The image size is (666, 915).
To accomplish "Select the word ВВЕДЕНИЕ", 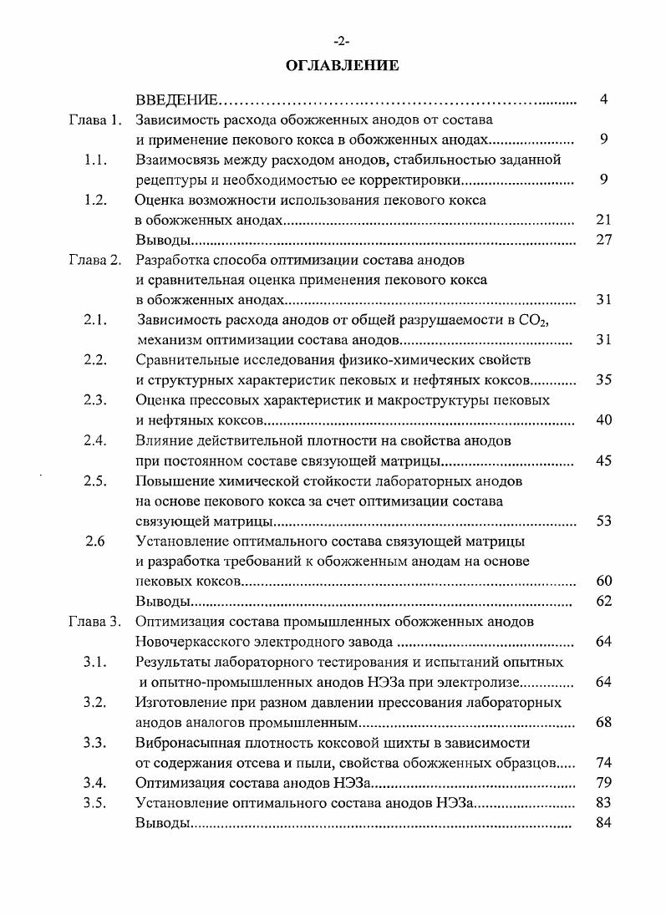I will point(177,100).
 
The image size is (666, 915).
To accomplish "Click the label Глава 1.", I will point(95,120).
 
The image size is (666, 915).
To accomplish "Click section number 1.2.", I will point(95,200).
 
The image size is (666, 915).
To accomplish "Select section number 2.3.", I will point(95,399).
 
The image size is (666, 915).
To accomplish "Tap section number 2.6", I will point(95,540).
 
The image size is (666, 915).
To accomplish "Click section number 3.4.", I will point(95,782).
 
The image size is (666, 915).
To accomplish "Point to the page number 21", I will point(604,220).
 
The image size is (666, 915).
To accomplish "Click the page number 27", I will point(604,240).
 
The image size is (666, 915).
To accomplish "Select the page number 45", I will point(604,460).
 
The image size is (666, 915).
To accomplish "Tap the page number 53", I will point(604,521).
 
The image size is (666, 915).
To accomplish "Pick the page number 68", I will point(604,722).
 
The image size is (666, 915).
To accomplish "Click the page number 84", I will point(604,822).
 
